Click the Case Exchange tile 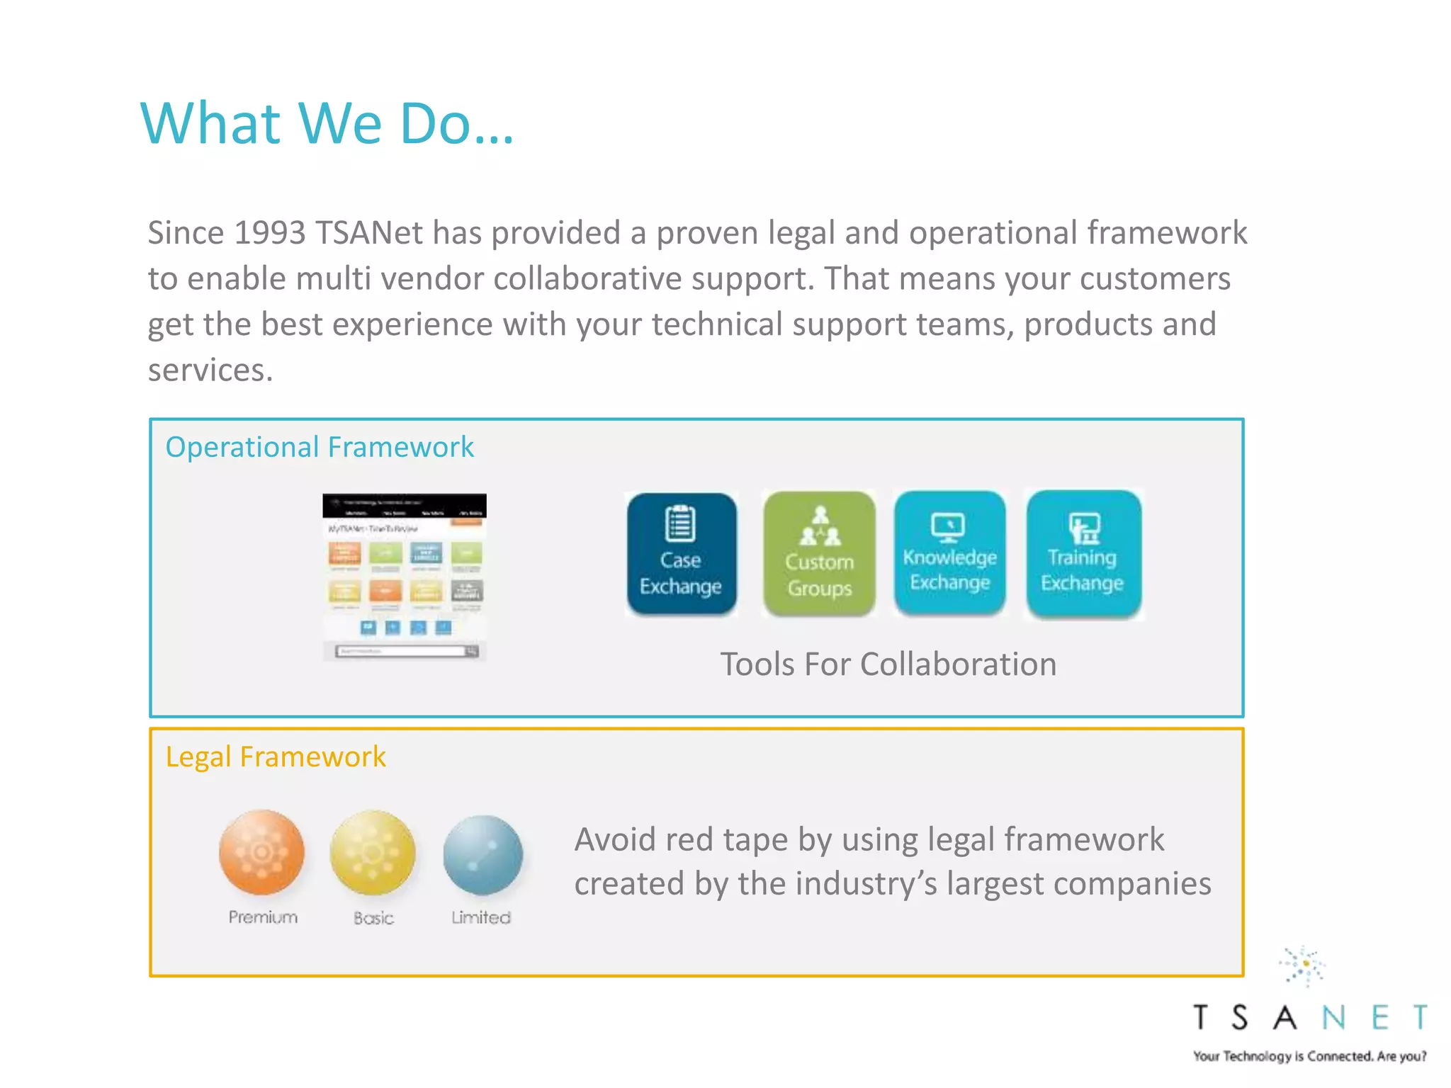coord(681,553)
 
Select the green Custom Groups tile coord(819,554)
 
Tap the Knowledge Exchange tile coord(949,553)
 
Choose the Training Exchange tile coord(1083,554)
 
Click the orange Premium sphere coord(261,852)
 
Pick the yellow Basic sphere coord(373,853)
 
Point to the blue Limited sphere coord(482,855)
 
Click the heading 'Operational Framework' coord(319,447)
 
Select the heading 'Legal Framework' coord(275,756)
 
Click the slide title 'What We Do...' coord(327,123)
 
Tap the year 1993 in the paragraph coord(269,233)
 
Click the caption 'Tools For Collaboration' coord(888,664)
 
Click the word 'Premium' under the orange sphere coord(263,917)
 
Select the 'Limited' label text coord(481,918)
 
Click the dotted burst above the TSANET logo coord(1303,965)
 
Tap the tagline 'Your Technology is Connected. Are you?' coord(1309,1056)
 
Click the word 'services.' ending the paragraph coord(210,370)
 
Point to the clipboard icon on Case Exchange coord(680,523)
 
